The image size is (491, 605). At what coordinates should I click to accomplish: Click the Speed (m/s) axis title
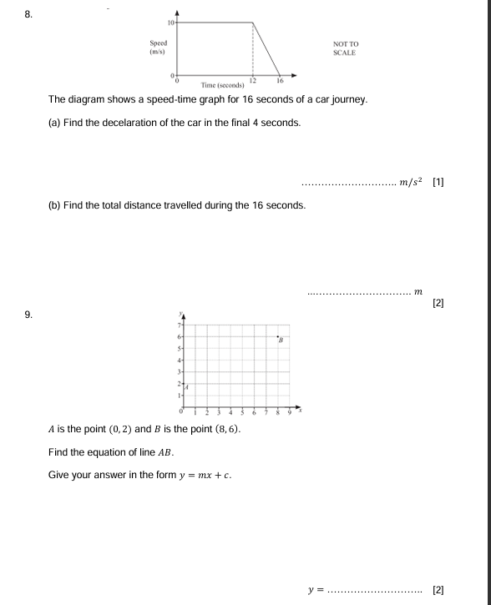pyautogui.click(x=158, y=47)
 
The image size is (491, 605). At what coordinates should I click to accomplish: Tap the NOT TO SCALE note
pyautogui.click(x=344, y=48)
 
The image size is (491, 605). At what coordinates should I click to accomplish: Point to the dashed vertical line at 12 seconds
pyautogui.click(x=252, y=50)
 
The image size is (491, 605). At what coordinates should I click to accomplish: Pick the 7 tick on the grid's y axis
pyautogui.click(x=178, y=323)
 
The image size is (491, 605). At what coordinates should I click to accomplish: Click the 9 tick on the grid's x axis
pyautogui.click(x=290, y=413)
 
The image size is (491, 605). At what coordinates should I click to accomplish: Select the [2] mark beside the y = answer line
pyautogui.click(x=438, y=589)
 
